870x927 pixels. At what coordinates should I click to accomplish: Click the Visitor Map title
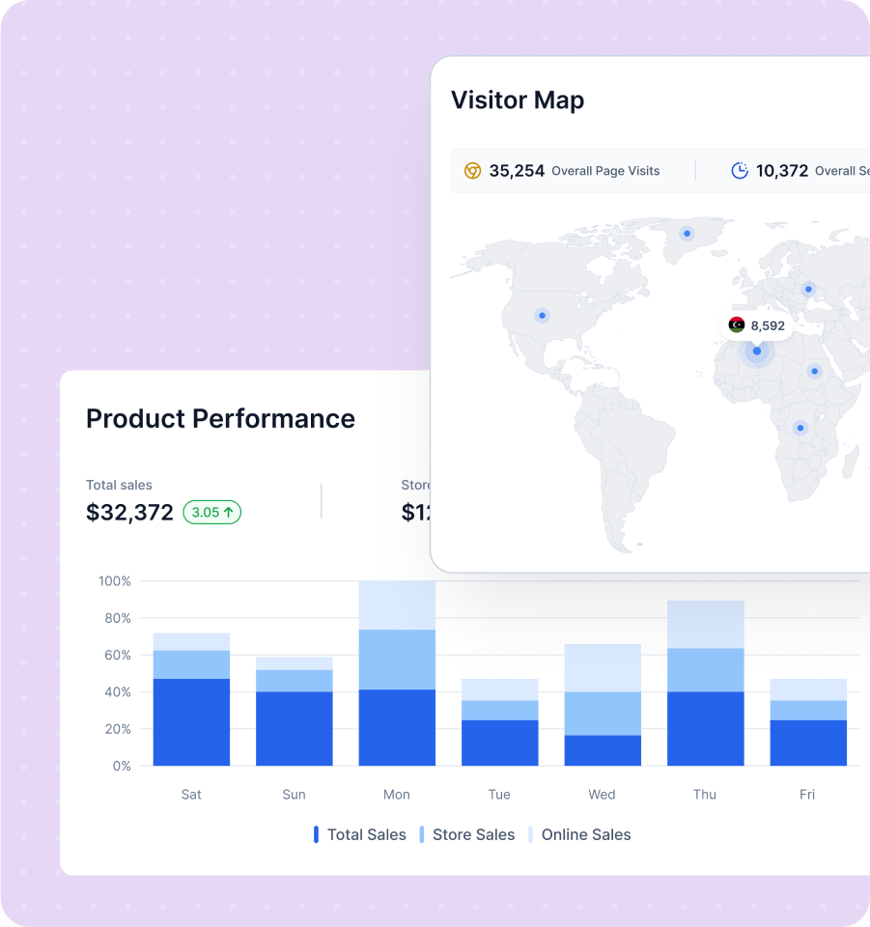518,100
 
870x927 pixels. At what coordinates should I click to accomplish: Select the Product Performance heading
220,418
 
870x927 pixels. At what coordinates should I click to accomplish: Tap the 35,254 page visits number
517,171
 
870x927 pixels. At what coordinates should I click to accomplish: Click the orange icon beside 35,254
472,171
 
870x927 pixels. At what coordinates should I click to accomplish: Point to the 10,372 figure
781,171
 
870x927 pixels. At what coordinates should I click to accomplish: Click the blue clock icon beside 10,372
740,171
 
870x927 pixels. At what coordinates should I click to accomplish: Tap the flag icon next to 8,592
737,325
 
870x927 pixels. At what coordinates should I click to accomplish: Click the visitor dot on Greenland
687,233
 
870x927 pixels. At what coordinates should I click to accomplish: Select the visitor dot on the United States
542,315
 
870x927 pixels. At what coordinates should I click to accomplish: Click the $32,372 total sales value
129,513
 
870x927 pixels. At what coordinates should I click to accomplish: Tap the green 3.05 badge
212,513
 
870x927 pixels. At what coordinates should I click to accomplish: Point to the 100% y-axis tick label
115,581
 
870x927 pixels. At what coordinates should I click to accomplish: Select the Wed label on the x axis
602,795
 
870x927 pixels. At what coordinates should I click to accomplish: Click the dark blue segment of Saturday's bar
191,722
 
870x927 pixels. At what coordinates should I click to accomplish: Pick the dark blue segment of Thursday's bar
705,728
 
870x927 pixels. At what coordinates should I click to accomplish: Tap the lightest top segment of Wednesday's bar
602,667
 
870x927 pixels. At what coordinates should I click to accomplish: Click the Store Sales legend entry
466,835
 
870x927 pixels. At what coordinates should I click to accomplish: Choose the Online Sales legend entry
579,835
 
